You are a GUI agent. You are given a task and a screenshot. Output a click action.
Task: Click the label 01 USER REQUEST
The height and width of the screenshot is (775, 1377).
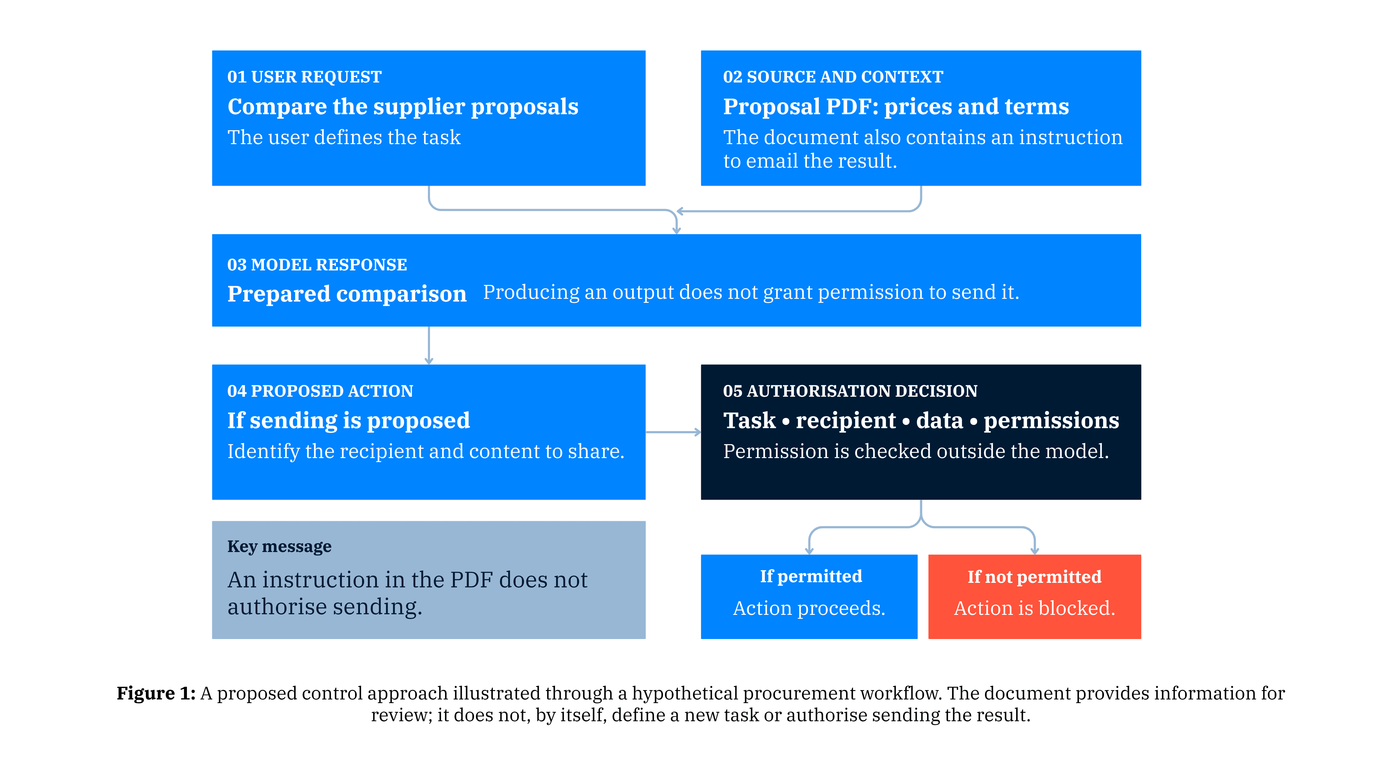point(304,77)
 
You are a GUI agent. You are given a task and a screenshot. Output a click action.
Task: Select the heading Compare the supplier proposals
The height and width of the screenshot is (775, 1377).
point(403,107)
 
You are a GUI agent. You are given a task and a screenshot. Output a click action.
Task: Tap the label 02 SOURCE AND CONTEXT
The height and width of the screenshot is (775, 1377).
point(833,77)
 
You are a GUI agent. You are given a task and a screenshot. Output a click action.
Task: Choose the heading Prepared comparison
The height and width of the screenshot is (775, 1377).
point(347,294)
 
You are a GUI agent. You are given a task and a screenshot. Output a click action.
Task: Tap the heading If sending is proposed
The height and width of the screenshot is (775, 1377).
point(348,421)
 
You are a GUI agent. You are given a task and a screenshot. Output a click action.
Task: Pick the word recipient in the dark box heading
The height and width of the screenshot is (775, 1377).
point(846,421)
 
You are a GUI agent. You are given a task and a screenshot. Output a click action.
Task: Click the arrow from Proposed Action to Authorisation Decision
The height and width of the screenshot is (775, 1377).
point(673,432)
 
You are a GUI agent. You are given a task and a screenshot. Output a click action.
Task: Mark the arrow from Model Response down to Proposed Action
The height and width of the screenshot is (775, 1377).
point(429,346)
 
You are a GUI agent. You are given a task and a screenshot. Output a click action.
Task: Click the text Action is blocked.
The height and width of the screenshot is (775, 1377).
point(1034,608)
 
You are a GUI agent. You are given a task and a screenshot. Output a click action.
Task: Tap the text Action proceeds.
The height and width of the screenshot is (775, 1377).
point(809,608)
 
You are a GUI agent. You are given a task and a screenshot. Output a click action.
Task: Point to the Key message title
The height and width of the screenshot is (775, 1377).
point(279,547)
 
